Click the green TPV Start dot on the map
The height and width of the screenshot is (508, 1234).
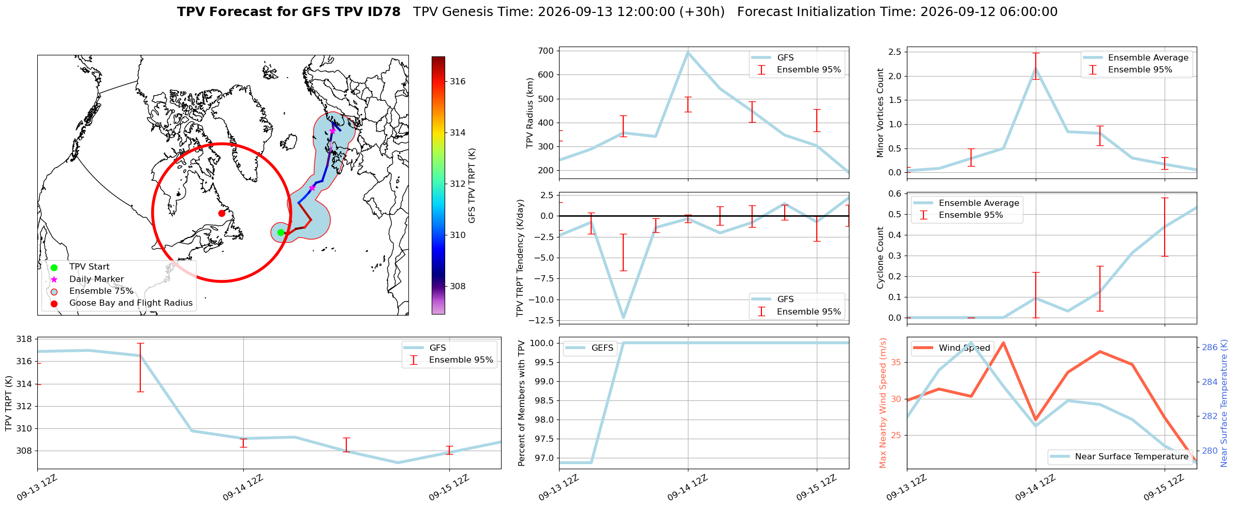[281, 232]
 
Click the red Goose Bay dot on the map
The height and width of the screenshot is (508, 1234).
[222, 213]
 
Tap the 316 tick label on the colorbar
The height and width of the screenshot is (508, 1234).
[458, 81]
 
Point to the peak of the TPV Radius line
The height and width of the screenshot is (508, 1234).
[688, 52]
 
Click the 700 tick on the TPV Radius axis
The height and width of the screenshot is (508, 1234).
[547, 51]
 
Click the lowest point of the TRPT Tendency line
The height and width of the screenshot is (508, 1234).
[624, 318]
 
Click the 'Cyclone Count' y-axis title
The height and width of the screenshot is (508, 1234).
[880, 258]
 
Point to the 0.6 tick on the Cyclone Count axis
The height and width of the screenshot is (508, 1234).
[895, 193]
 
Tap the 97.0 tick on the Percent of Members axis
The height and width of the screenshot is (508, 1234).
[545, 458]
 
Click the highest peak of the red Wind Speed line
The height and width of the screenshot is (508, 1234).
[1003, 342]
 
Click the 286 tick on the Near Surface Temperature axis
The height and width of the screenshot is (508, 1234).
[1210, 347]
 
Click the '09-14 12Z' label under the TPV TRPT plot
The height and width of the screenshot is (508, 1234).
[243, 488]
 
